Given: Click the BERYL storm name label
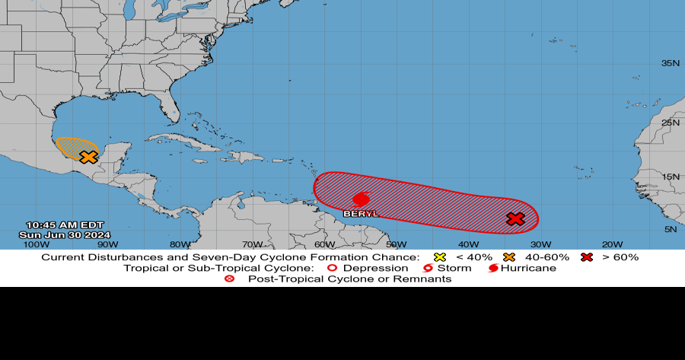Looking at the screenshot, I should click(361, 214).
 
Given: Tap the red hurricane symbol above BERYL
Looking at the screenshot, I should click(362, 199).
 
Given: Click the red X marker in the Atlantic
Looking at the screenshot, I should click(515, 219).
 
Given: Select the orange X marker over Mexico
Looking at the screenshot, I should click(88, 157).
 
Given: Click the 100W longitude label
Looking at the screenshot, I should click(33, 244).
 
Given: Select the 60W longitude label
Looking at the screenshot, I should click(323, 244).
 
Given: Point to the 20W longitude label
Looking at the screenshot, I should click(613, 244).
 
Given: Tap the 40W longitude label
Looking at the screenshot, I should click(468, 244).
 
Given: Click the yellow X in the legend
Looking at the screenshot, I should click(438, 257).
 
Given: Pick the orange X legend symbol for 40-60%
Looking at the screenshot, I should click(508, 257).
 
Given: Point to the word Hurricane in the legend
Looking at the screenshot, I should click(529, 268).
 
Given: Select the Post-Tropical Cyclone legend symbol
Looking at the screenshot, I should click(230, 279).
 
